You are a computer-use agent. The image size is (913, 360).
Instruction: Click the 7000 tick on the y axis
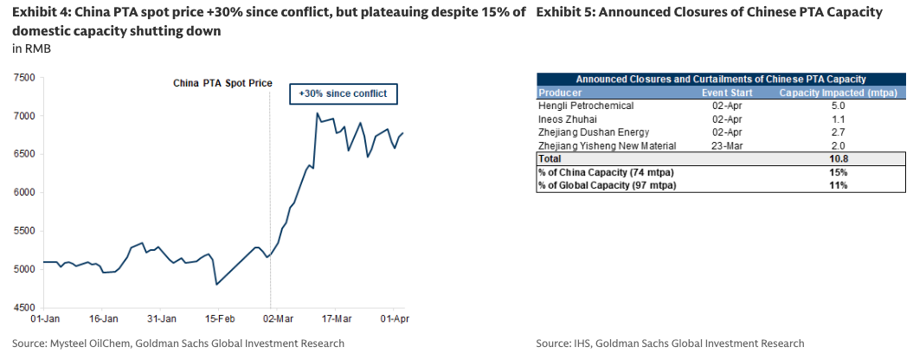click(x=24, y=116)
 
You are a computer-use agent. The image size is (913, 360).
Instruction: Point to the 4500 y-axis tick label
click(x=24, y=307)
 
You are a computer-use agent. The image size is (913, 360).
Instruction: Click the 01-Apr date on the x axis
click(x=395, y=318)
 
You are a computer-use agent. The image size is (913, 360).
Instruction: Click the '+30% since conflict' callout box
click(x=343, y=93)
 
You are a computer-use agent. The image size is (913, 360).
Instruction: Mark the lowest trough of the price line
click(x=216, y=285)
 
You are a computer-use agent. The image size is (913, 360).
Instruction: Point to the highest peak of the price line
click(x=318, y=113)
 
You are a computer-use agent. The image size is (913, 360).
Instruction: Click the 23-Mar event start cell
click(x=725, y=146)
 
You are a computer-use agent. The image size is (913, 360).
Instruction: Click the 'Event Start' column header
click(x=725, y=93)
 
